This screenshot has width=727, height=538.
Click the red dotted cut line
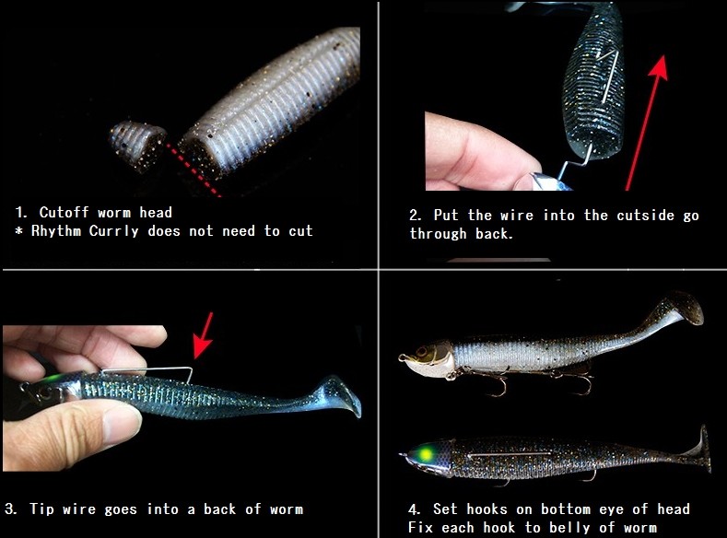tap(193, 170)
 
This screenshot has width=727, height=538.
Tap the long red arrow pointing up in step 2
tap(647, 123)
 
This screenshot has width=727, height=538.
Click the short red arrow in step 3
tap(204, 335)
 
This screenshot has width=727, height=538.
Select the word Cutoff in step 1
tap(64, 212)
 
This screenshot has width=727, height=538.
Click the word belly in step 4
tap(569, 528)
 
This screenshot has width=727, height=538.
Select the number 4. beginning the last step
tap(415, 509)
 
